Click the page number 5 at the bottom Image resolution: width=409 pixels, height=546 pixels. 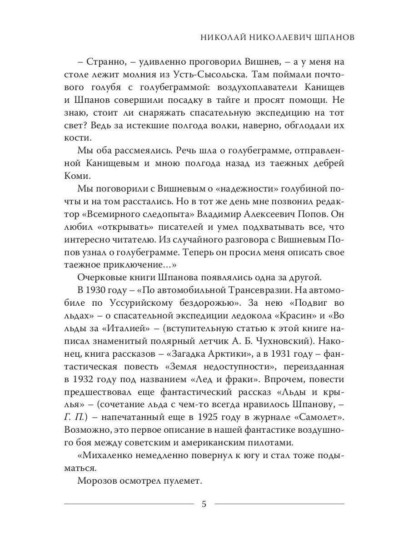pos(204,504)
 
